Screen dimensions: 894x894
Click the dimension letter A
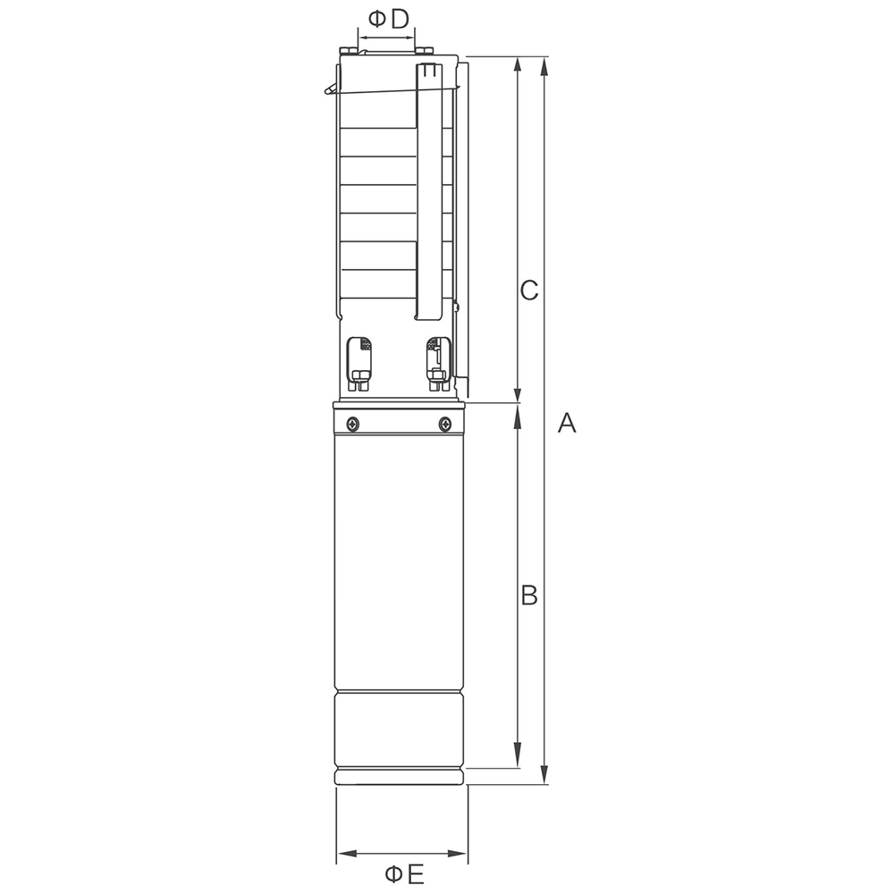[x=567, y=423]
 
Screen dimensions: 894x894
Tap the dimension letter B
[x=529, y=595]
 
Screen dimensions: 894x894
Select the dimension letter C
[x=529, y=291]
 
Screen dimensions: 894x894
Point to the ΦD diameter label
[x=388, y=20]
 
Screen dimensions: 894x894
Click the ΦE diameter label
[x=404, y=873]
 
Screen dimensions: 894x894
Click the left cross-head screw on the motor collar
[x=353, y=424]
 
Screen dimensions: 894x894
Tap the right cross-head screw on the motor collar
[x=444, y=424]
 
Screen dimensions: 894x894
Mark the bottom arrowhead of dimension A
[x=544, y=773]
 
